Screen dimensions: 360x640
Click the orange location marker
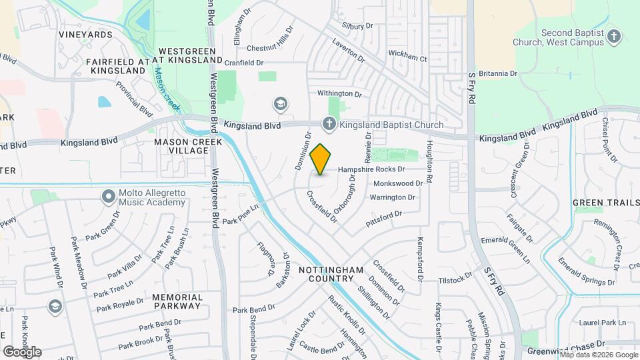click(321, 159)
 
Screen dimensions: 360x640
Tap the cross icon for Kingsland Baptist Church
click(329, 123)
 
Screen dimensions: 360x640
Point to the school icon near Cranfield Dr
click(281, 103)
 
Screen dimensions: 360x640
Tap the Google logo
click(22, 351)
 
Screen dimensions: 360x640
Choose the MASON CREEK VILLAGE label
click(181, 147)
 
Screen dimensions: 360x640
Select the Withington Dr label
click(339, 94)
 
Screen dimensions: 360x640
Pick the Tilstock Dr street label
click(455, 281)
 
